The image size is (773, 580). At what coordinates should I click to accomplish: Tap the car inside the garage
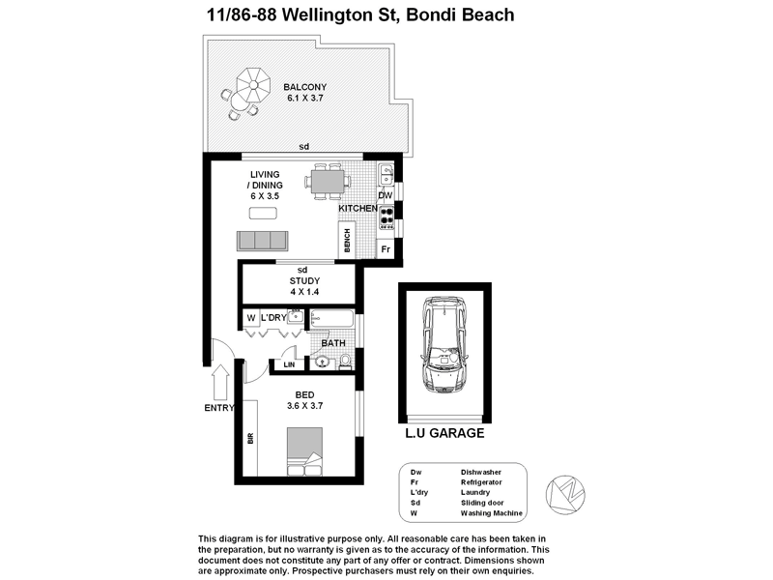pos(445,346)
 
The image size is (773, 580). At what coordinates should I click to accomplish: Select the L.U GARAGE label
pos(444,434)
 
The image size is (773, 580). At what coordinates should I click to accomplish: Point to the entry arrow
pos(219,381)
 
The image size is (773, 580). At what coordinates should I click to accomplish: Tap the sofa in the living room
pos(263,240)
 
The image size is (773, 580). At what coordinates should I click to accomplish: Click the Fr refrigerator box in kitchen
pos(386,248)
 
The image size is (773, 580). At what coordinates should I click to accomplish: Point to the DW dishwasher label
pos(385,195)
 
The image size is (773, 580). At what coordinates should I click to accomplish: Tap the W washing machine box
pos(249,318)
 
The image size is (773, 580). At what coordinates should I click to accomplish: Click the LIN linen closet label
pos(288,364)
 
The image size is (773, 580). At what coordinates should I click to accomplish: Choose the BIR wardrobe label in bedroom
pos(250,438)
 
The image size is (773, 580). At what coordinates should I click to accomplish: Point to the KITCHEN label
pos(357,209)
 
